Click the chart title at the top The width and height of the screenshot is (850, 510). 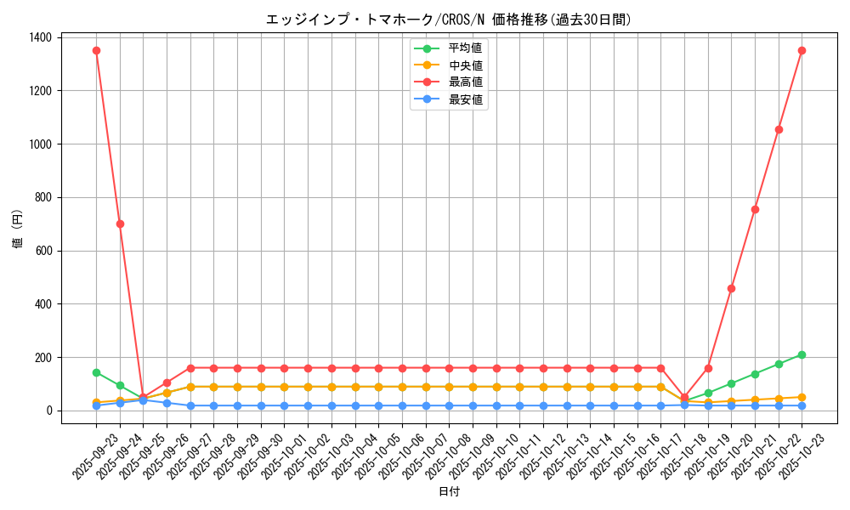tap(449, 19)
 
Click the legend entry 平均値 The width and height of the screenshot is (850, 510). tap(465, 48)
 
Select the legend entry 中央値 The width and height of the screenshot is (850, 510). tap(465, 65)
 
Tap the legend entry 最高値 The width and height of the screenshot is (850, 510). tap(465, 82)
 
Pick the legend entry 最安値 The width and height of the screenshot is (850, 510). tap(465, 99)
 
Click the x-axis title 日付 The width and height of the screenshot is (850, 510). tap(449, 492)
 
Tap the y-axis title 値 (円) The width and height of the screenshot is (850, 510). tap(18, 229)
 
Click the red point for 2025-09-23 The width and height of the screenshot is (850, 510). tap(96, 50)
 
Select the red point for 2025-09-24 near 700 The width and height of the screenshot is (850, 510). tap(120, 224)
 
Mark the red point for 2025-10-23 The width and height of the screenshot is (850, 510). tap(802, 50)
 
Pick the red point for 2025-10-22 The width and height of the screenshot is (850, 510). tap(779, 129)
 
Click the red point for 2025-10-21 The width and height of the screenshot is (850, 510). tap(755, 209)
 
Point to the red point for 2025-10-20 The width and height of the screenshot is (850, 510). tap(731, 288)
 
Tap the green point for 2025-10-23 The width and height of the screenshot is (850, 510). tap(802, 354)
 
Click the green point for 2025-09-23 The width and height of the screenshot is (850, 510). tap(96, 372)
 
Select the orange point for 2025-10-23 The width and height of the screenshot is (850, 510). tap(802, 397)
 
